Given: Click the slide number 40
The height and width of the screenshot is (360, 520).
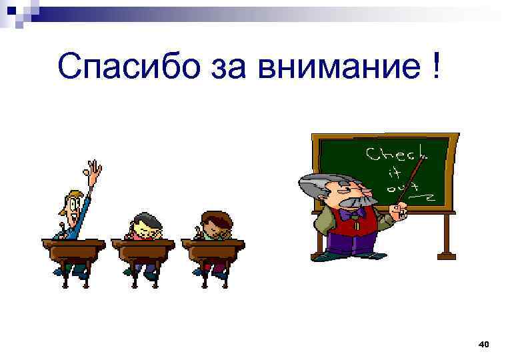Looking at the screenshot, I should (485, 344).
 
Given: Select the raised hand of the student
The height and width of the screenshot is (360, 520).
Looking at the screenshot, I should (95, 173).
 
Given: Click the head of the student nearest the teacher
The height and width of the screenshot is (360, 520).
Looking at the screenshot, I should (214, 223).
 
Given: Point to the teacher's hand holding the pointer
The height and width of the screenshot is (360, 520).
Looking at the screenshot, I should (399, 213).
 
